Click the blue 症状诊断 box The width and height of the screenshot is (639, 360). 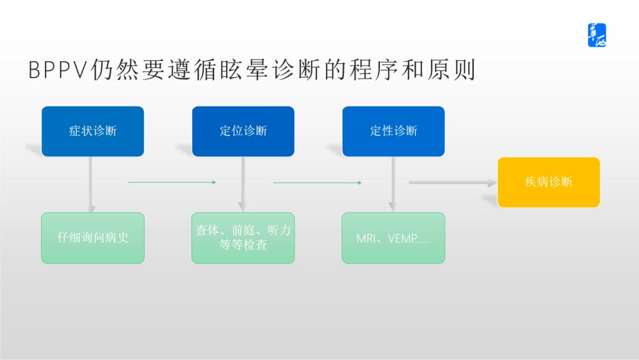(92, 131)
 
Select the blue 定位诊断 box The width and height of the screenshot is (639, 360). (243, 131)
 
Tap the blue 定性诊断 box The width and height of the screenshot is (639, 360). (393, 131)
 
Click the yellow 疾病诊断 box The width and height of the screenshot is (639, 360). (548, 182)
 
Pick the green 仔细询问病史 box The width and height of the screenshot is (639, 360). (92, 238)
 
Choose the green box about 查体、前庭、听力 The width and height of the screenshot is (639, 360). (243, 238)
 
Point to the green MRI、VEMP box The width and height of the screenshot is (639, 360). (393, 238)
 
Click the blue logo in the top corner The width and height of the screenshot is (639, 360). (596, 36)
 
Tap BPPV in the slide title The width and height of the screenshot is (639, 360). (57, 70)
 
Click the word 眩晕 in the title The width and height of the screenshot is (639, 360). (255, 70)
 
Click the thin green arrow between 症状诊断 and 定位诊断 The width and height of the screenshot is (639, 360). (172, 182)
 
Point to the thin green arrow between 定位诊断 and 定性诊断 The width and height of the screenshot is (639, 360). (317, 182)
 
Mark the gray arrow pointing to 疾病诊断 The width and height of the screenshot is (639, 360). (452, 183)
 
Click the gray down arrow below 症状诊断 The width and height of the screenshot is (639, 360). (91, 184)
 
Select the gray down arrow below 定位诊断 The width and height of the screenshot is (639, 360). (241, 184)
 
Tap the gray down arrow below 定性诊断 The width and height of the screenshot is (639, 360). (392, 184)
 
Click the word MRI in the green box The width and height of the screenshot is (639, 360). (367, 239)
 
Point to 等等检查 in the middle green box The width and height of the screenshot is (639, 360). (243, 245)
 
